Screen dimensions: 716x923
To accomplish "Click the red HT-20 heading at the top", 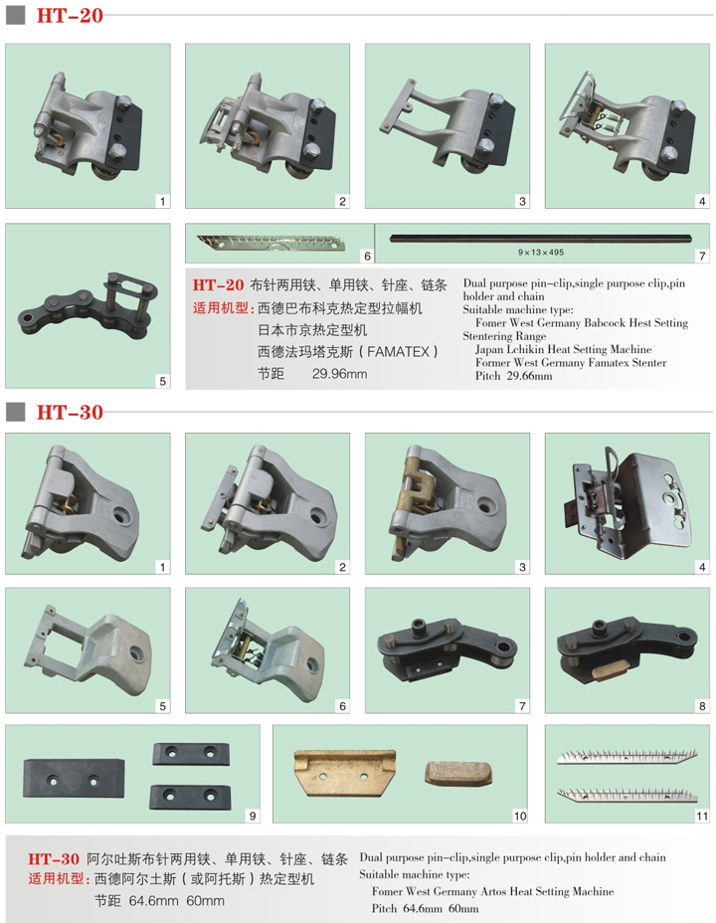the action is point(70,15).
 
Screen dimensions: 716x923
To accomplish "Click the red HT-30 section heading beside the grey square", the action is point(70,412).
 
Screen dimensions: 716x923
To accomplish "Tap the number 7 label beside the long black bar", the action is point(702,256).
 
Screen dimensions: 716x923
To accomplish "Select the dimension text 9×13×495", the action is point(541,252).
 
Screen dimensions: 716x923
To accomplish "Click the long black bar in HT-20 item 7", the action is point(541,239).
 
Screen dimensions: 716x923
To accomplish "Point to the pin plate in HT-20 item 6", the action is point(271,243).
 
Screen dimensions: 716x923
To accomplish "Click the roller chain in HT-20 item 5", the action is point(89,305).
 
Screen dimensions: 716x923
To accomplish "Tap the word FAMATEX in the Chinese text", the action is point(399,351).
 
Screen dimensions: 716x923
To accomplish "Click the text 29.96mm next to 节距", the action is point(339,373).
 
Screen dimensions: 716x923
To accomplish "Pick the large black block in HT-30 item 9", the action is point(75,778).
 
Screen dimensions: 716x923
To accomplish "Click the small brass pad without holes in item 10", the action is point(458,774).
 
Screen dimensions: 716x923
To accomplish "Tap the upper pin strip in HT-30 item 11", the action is point(627,757).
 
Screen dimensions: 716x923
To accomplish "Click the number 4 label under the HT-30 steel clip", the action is point(702,567).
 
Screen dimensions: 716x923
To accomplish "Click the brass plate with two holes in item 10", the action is point(345,772).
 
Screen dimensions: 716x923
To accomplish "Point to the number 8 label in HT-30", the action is point(702,706).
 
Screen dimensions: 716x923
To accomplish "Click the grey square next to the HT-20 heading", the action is point(15,15).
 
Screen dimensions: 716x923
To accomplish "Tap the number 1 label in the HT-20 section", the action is point(162,201).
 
